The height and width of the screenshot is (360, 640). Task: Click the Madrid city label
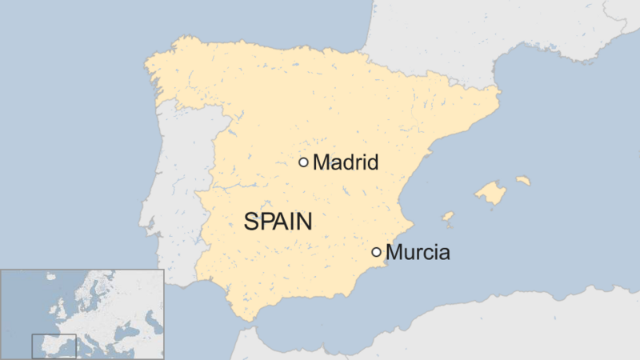tap(345, 162)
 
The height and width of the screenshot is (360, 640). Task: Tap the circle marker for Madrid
tap(303, 162)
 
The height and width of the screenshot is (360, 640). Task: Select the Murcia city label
tap(418, 253)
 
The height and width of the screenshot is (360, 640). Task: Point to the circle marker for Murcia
tap(376, 252)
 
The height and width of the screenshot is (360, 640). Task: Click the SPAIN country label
tap(278, 222)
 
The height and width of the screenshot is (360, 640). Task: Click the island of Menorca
tap(523, 181)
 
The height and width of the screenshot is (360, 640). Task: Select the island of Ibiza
tap(448, 216)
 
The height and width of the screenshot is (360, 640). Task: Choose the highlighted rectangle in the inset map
tap(54, 346)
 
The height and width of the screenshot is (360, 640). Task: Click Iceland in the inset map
tap(50, 278)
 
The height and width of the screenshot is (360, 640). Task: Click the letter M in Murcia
tap(394, 253)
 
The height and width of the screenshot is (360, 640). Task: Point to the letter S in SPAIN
tap(250, 222)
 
